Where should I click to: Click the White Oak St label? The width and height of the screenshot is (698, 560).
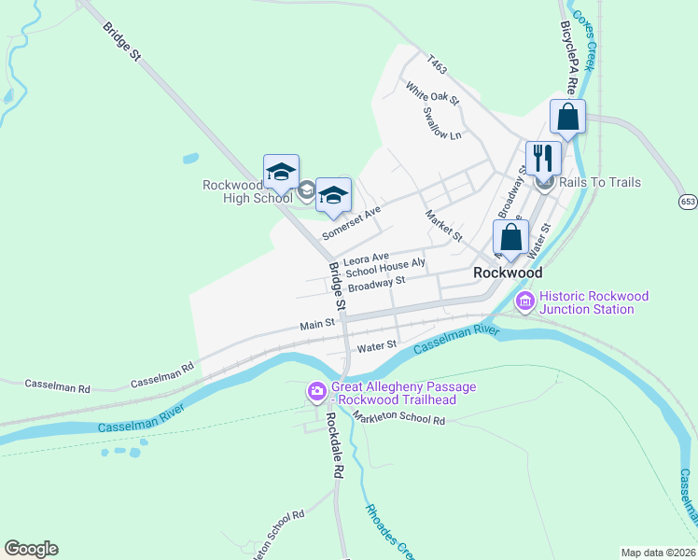tap(431, 91)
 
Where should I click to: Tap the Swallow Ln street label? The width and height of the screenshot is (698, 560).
tap(442, 123)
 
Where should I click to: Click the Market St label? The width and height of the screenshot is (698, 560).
tap(443, 226)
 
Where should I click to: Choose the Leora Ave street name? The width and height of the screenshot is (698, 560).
tap(366, 259)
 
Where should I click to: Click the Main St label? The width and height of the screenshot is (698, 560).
tap(317, 325)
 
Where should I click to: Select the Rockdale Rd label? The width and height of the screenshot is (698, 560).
tap(335, 445)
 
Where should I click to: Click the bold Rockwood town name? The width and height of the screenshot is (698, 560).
tap(508, 273)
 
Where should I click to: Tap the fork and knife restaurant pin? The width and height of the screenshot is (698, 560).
tap(541, 156)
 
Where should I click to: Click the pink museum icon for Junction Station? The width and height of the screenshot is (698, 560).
tap(524, 301)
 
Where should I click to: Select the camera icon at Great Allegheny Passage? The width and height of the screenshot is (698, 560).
tap(317, 392)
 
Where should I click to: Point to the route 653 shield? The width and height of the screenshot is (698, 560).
tap(688, 201)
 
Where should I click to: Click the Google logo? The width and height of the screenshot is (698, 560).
tap(31, 549)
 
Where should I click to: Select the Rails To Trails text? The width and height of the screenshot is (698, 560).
tap(599, 182)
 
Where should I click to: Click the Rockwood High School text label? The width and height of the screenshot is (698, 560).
tap(247, 191)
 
